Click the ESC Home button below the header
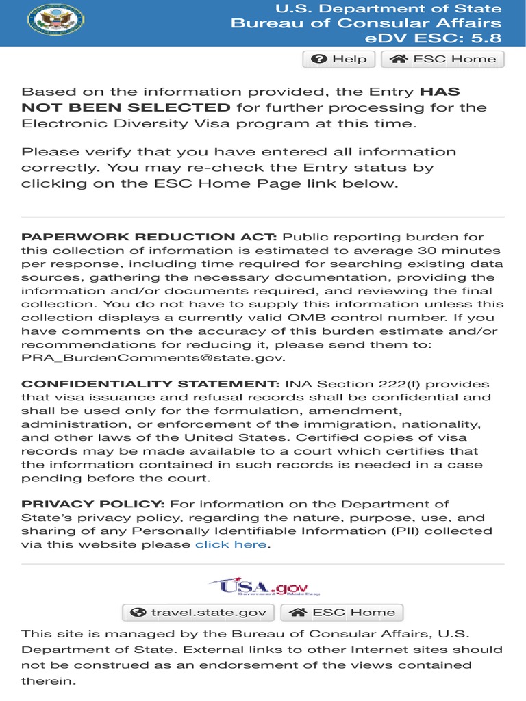pyautogui.click(x=442, y=60)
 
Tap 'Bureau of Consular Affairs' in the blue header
pyautogui.click(x=366, y=23)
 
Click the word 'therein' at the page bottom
pyautogui.click(x=49, y=681)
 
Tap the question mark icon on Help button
pyautogui.click(x=318, y=60)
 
